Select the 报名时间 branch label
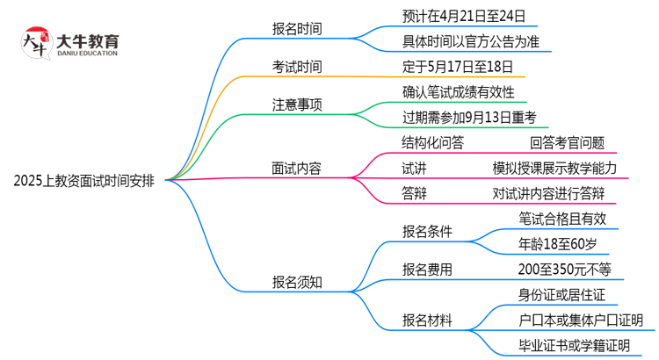296,29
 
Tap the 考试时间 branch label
296,67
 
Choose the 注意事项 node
296,104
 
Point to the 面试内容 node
296,168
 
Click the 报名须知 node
296,282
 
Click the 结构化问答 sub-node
432,143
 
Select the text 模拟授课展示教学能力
554,168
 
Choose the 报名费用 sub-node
428,270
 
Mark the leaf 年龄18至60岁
556,244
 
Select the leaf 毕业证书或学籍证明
575,346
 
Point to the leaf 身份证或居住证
562,295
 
